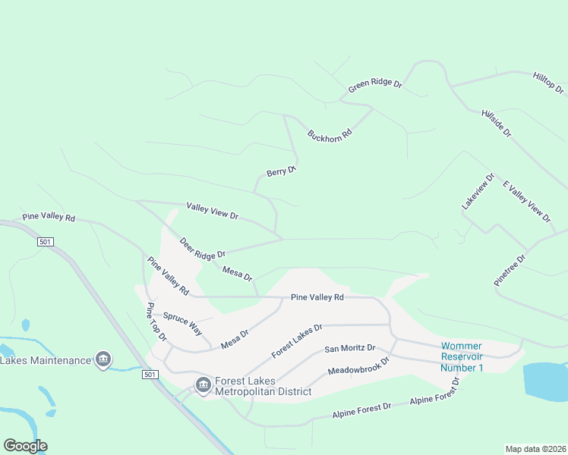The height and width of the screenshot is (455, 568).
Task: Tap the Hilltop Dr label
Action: [x=548, y=83]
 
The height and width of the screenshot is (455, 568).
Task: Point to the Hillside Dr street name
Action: [x=497, y=123]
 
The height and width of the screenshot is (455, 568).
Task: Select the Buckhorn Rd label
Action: [x=330, y=134]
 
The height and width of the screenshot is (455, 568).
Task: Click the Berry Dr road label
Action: [x=281, y=172]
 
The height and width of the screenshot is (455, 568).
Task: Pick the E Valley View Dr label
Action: [x=527, y=202]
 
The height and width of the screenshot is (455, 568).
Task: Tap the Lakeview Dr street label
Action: [x=478, y=192]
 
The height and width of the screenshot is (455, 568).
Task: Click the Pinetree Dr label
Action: [x=510, y=268]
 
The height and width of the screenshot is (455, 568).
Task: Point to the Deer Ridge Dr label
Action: [x=203, y=249]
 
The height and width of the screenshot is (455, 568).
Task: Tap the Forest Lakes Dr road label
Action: [x=298, y=341]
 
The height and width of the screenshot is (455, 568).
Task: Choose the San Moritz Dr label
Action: [x=350, y=348]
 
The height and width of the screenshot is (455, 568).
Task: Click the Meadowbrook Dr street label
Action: [x=358, y=365]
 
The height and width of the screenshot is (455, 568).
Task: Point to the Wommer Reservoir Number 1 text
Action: [x=462, y=357]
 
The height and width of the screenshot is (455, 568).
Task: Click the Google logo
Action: [x=25, y=446]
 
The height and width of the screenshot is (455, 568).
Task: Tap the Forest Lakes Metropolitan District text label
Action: [x=263, y=387]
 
